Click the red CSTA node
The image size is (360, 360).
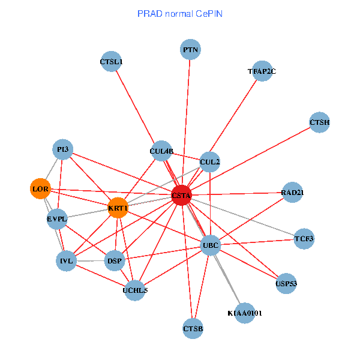181,196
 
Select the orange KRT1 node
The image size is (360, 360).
118,208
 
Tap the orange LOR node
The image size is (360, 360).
40,189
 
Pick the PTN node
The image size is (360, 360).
190,49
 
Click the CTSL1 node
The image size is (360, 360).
111,61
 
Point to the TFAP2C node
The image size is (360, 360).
262,71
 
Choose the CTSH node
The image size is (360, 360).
320,122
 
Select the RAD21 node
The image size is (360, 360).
292,193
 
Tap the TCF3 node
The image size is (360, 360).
304,239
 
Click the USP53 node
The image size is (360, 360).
286,283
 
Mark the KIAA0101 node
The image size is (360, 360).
245,313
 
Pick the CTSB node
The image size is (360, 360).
193,328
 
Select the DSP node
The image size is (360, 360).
114,260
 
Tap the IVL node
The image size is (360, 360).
66,261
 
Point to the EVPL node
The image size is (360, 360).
57,219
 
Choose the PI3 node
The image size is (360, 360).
62,149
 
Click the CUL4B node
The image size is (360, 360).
161,151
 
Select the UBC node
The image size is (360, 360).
211,245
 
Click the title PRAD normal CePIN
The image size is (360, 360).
180,13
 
